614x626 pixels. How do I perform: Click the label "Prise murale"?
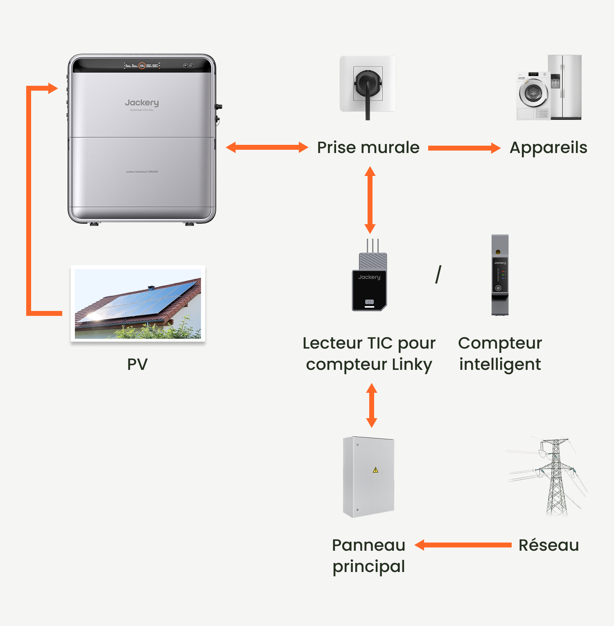(368, 148)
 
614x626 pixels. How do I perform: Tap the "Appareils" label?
(548, 148)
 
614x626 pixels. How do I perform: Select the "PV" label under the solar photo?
(137, 364)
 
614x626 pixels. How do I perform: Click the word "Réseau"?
(549, 545)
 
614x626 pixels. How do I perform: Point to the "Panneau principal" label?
(368, 556)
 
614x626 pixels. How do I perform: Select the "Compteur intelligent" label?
(500, 354)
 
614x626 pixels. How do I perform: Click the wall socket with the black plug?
(368, 84)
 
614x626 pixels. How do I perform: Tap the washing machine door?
(533, 93)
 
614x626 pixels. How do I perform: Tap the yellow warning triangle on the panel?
(375, 470)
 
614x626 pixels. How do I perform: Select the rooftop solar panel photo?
(138, 303)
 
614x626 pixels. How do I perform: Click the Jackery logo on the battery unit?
(142, 103)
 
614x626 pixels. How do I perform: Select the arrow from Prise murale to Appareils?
(464, 148)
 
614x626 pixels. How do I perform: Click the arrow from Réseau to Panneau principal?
(463, 545)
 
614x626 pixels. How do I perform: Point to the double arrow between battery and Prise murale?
(267, 147)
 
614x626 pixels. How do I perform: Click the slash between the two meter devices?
(438, 274)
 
